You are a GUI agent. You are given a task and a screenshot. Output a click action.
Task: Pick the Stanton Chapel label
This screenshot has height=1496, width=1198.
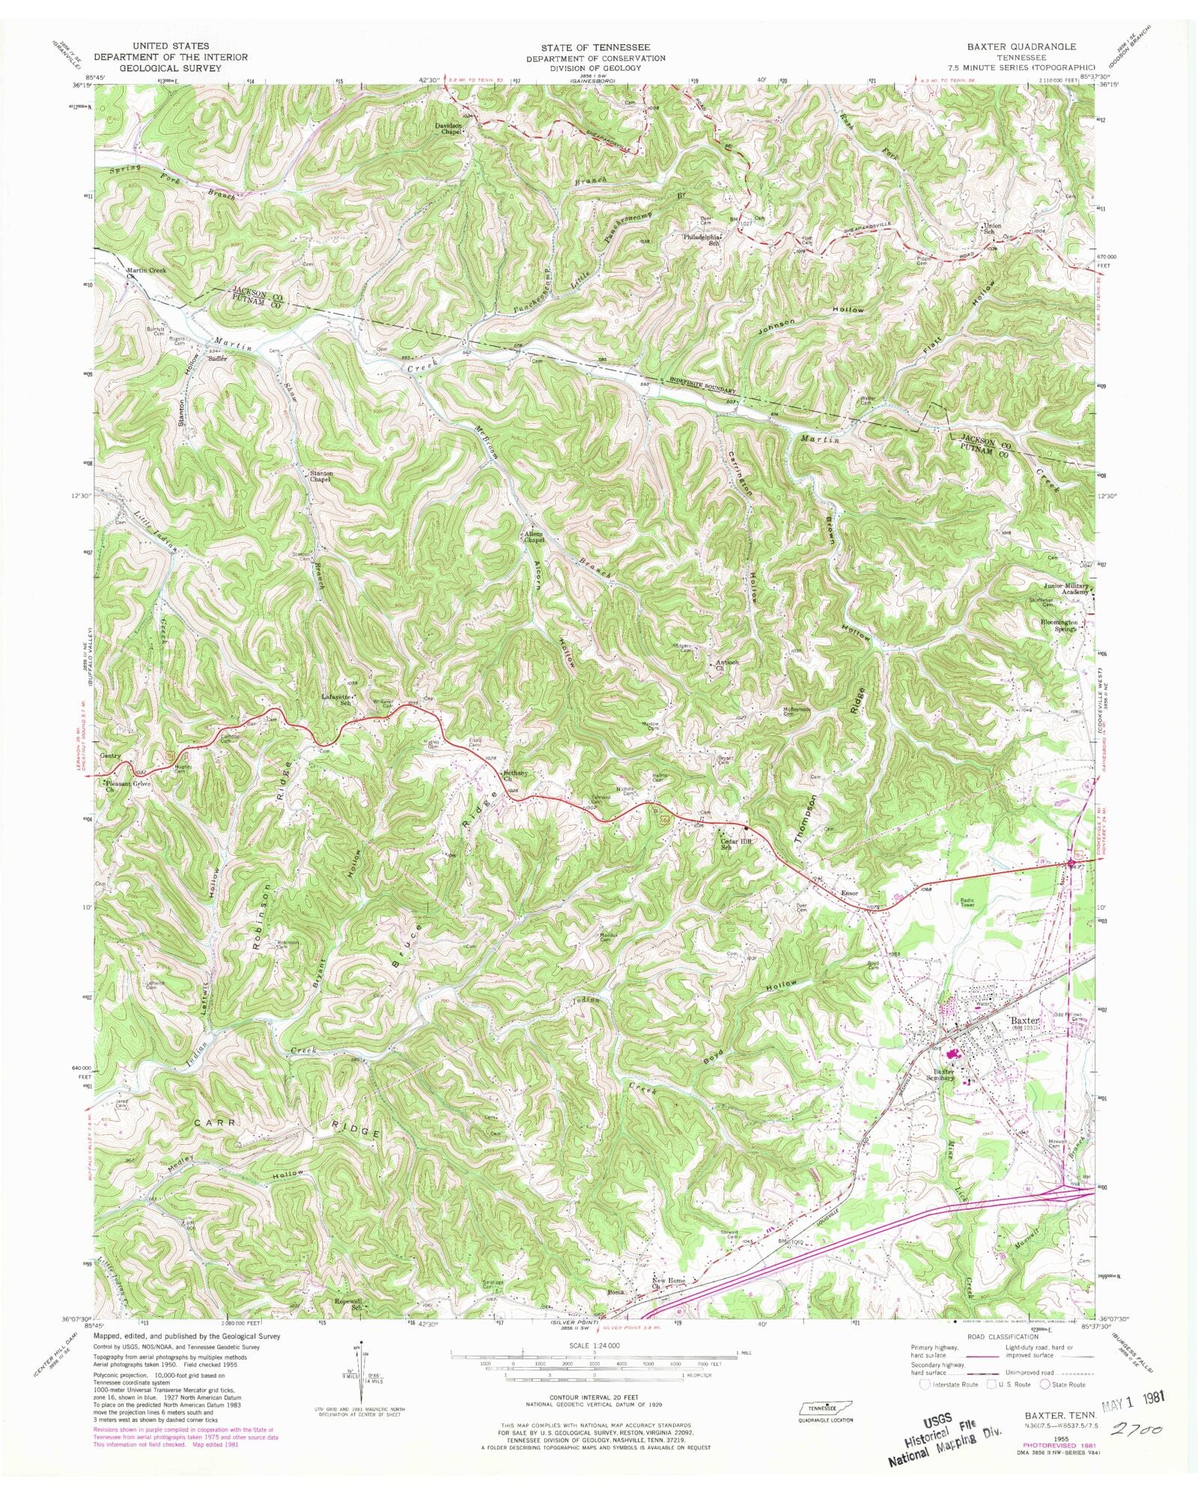coord(321,476)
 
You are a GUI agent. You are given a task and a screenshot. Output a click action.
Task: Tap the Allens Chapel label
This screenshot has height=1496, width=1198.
coord(532,537)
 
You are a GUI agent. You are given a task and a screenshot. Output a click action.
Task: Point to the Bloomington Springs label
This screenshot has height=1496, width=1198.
coord(1058,625)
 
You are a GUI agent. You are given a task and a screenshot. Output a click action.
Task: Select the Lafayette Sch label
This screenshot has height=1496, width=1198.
coord(335,699)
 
